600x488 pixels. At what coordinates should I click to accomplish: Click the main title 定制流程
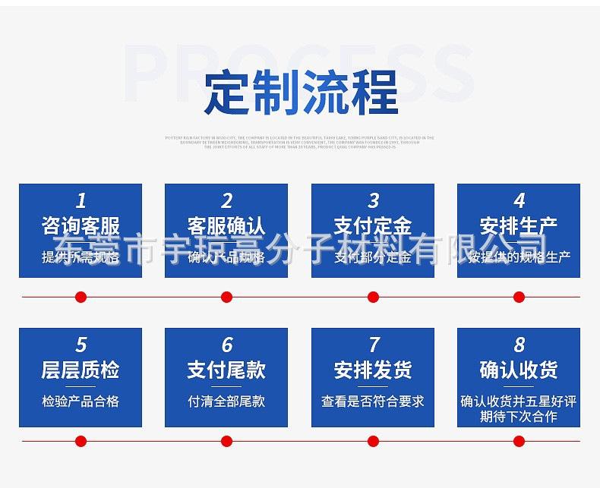point(301,93)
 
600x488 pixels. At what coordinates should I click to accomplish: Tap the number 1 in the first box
point(81,200)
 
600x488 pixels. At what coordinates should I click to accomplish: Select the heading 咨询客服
point(81,225)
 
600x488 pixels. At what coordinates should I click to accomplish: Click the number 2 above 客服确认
point(226,200)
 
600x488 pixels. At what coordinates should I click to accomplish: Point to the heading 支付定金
point(373,225)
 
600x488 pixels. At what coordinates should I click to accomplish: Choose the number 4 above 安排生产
point(519,200)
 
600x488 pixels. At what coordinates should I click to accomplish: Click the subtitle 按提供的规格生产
point(519,257)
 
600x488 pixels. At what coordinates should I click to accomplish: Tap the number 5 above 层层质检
point(81,345)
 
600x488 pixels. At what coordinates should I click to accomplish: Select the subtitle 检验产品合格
point(81,401)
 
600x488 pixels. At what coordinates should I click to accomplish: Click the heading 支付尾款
point(226,370)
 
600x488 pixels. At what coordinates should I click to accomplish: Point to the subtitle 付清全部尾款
point(226,401)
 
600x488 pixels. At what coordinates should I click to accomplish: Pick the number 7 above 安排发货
point(373,345)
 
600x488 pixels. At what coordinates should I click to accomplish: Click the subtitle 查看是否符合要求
point(373,401)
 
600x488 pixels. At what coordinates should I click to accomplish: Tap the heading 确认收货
point(519,370)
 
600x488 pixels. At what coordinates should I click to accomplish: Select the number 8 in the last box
point(519,345)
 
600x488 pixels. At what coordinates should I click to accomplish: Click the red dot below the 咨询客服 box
point(81,297)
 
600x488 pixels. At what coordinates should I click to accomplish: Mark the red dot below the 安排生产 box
point(519,297)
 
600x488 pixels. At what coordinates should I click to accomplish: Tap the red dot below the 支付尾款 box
point(226,441)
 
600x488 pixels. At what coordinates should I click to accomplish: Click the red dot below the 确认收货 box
point(519,441)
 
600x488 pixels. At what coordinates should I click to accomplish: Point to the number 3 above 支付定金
point(373,200)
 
